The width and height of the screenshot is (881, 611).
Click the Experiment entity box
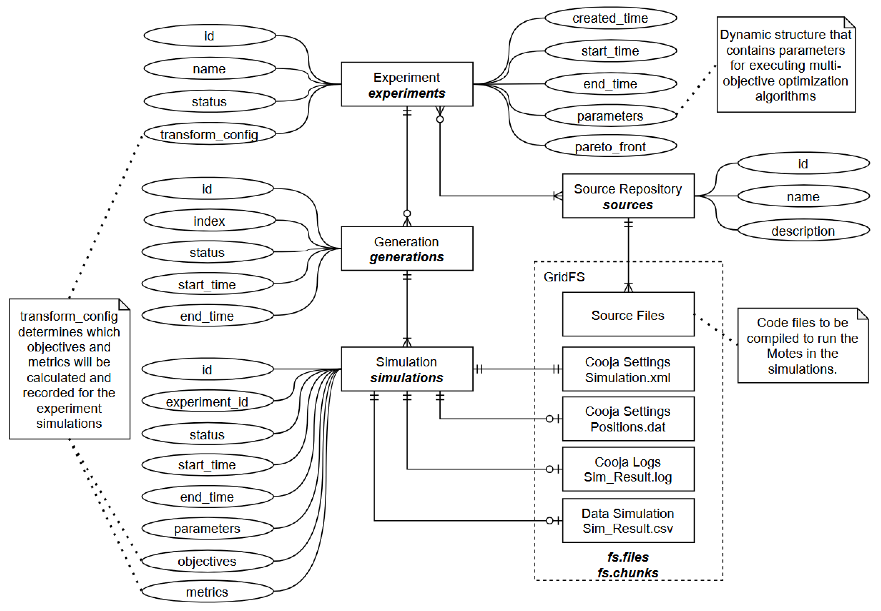coord(407,84)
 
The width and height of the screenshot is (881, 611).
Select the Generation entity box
coord(407,249)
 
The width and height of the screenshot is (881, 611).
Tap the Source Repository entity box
coord(628,196)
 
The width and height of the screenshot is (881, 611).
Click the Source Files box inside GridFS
coord(628,315)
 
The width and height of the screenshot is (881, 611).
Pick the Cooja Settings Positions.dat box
coord(628,419)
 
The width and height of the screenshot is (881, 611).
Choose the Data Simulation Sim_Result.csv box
coord(628,521)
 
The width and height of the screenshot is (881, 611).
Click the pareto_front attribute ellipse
coord(611,146)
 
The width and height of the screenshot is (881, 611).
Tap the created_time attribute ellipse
coord(611,18)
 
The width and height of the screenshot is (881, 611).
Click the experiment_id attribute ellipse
coord(207,402)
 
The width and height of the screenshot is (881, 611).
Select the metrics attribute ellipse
coord(207,592)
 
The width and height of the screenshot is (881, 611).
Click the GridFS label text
coord(564,277)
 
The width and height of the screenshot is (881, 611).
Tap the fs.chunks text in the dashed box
coord(628,573)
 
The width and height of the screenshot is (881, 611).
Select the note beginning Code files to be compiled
coord(802,345)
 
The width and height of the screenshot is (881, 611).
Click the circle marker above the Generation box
coord(407,213)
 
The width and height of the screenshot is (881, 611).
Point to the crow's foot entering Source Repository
coord(558,196)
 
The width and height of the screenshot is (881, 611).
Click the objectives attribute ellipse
coord(207,561)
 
